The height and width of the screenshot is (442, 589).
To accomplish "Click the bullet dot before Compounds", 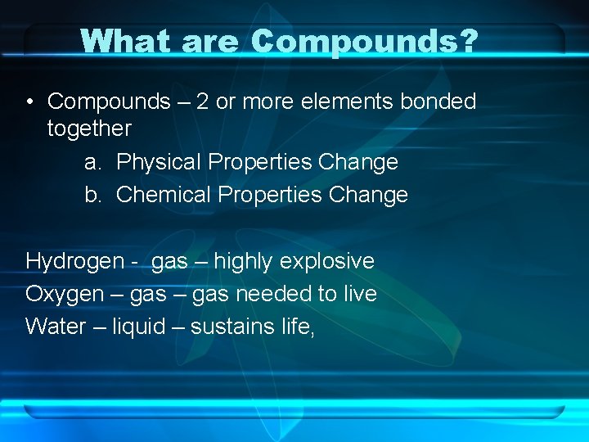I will pos(29,102).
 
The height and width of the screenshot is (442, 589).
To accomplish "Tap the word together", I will pos(89,129).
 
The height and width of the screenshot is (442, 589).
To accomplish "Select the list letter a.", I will pos(92,162).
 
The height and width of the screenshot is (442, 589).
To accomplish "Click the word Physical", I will pos(159,162).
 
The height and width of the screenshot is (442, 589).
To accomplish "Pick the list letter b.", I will pos(92,195).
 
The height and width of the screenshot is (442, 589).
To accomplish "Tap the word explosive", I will pos(326,262).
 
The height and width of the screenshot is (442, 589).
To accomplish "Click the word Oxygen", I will pos(65,294).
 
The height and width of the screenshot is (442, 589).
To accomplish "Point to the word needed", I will pos(272,294).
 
